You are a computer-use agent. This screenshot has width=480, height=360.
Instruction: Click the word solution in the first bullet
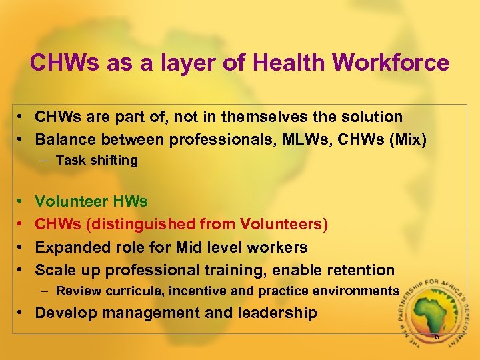[371, 117]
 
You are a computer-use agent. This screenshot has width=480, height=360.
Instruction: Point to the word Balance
[64, 139]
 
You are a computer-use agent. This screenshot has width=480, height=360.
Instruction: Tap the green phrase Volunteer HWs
[91, 201]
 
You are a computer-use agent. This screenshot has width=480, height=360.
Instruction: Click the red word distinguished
[158, 224]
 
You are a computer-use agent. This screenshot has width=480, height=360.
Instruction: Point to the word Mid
[190, 247]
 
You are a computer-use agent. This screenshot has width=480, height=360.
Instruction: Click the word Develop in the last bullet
[64, 313]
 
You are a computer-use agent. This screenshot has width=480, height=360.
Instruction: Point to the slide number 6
[437, 337]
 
